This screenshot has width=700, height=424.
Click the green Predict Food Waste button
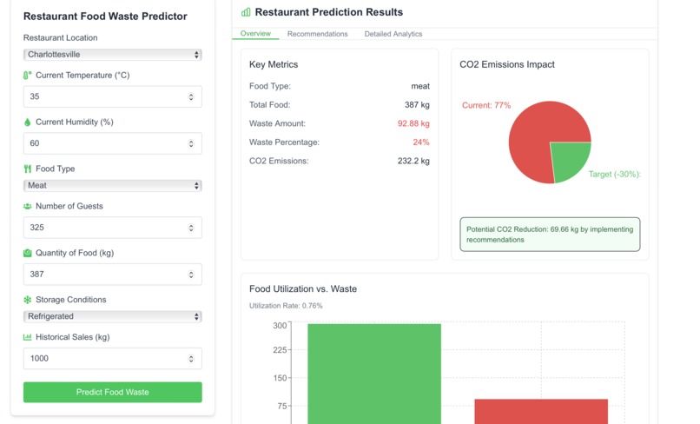(x=112, y=392)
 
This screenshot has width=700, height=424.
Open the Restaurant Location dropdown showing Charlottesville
(x=112, y=55)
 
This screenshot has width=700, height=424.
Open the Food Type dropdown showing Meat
(x=112, y=185)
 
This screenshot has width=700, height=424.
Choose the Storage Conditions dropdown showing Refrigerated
(x=112, y=316)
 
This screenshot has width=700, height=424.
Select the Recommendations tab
(x=317, y=34)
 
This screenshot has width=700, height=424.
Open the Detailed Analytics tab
(x=393, y=34)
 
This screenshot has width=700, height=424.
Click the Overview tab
(x=255, y=34)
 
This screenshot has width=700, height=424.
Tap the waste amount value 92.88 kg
(x=413, y=123)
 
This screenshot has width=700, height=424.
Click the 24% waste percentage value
(x=421, y=142)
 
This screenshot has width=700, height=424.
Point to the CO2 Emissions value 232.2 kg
(x=413, y=161)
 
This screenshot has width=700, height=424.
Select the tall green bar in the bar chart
(x=374, y=374)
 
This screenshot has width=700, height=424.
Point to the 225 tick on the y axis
(x=280, y=350)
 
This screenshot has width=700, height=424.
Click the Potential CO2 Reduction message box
(x=549, y=235)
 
